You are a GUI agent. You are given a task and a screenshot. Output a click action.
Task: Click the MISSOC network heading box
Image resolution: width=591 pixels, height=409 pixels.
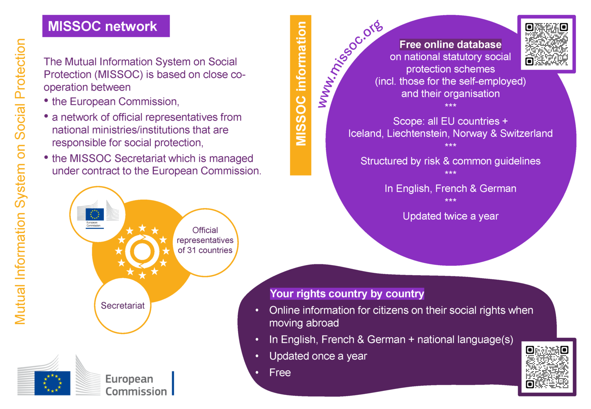pos(106,26)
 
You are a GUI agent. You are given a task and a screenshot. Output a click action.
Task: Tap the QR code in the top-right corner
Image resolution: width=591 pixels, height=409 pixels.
pos(546,44)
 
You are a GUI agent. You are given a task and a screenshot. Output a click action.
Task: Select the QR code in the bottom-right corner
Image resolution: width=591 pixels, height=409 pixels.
pos(547,367)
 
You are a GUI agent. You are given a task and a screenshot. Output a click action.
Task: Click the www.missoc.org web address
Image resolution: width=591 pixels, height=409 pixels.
pos(350,63)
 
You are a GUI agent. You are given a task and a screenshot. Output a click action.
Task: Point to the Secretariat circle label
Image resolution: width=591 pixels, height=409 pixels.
pos(123,305)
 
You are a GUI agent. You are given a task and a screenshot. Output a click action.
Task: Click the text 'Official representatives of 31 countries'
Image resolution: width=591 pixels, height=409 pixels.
pos(205,240)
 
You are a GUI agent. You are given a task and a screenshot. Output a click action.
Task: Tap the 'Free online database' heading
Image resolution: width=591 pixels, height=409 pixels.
pos(450,45)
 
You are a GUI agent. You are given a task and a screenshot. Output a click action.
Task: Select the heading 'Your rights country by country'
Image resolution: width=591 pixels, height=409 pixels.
pos(347,294)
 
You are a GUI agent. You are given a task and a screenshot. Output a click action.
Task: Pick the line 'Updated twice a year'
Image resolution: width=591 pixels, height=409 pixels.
pos(451,216)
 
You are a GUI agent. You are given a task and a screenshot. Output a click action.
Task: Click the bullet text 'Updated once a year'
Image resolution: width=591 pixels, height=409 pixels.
pos(318,356)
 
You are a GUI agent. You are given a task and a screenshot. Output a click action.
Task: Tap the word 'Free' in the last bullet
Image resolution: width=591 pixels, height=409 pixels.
pos(280,373)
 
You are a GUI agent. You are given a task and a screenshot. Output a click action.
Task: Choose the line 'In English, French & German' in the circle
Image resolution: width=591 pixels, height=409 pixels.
pos(451,189)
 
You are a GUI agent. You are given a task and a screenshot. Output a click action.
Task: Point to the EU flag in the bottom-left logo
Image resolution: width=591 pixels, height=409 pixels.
pos(52,383)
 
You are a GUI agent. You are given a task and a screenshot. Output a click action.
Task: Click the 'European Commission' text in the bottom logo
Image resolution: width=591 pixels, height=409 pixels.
pos(136,385)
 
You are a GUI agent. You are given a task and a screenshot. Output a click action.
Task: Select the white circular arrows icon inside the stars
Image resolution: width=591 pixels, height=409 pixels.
pos(142,252)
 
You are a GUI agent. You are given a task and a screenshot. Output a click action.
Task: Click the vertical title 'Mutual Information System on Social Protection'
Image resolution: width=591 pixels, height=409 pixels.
pos(20,181)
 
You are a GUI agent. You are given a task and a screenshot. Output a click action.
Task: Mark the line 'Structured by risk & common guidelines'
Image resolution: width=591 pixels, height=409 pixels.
pos(451,161)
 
